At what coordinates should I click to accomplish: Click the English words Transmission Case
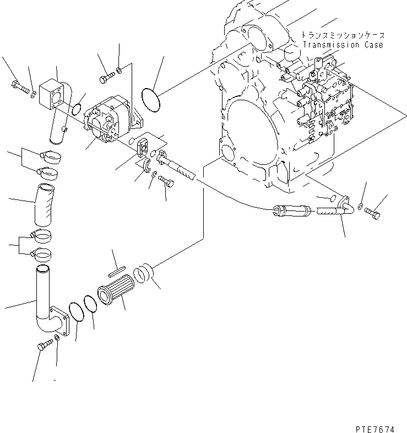341,45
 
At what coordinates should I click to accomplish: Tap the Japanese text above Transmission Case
341,35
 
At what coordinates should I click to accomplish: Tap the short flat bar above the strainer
118,269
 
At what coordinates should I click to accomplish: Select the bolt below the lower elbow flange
44,346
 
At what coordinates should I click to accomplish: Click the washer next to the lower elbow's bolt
57,352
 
